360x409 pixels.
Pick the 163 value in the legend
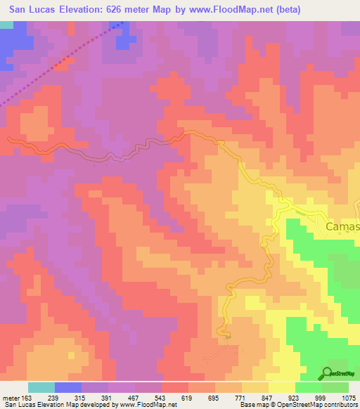(x=28, y=397)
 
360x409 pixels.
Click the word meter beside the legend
(x=10, y=397)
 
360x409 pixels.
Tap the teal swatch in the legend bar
(x=41, y=387)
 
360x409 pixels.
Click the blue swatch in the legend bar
(x=68, y=387)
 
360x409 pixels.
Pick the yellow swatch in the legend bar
(x=282, y=387)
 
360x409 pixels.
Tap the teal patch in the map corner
(x=6, y=25)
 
